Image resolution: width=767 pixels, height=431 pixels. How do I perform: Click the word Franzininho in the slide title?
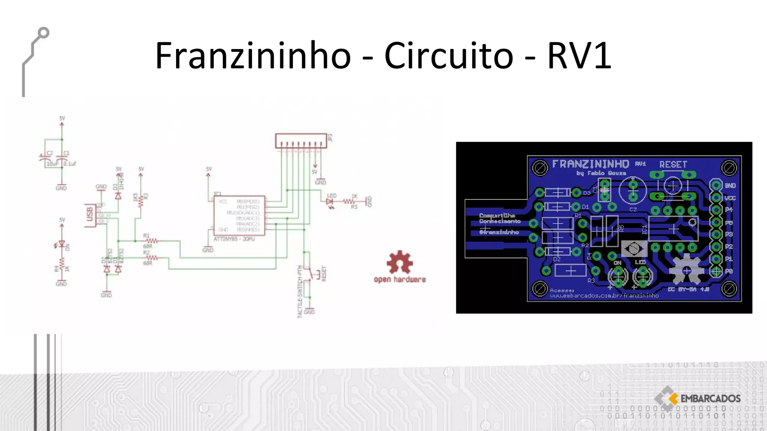pos(253,55)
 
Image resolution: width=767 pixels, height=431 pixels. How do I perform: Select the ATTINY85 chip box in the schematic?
pos(239,215)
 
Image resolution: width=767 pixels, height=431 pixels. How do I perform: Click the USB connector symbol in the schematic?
pos(90,215)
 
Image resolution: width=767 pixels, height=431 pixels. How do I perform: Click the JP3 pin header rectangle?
pos(301,141)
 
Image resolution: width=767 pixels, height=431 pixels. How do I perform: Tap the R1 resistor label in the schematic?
pos(146,236)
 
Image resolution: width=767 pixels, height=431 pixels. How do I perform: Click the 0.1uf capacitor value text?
pos(70,164)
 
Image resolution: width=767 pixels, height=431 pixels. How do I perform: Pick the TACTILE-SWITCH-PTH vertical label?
pos(300,292)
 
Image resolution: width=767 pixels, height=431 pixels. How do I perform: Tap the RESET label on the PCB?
pos(673,165)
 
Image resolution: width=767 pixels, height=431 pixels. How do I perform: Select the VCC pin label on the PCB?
pos(730,198)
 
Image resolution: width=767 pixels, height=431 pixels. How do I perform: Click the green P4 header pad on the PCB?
pos(716,210)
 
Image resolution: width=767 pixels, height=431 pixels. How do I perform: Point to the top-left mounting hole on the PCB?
pos(540,168)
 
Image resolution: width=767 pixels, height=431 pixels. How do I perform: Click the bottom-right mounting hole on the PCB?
pos(729,288)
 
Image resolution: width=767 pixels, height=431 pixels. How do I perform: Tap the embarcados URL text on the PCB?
pos(604,296)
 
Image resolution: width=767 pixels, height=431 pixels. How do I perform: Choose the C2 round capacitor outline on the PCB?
pos(633,190)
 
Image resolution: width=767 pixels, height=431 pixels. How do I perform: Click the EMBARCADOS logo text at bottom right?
pos(710,398)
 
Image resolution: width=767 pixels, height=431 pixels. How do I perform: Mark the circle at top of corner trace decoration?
pos(43,33)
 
